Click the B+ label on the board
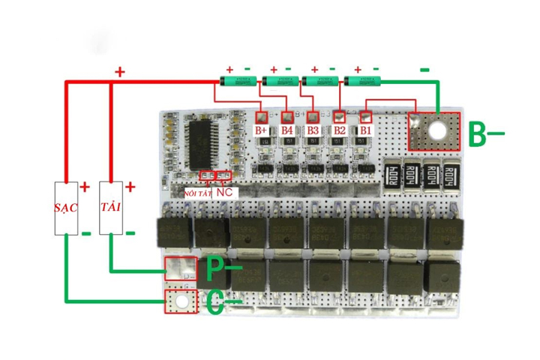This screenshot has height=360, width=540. (x=262, y=130)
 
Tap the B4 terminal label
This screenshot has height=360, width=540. (x=287, y=130)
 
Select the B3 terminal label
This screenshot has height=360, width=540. (x=313, y=130)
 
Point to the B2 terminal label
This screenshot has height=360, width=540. (x=340, y=130)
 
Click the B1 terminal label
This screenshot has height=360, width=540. (x=366, y=130)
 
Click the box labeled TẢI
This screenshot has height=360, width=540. (x=111, y=207)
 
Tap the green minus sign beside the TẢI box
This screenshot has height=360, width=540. (x=130, y=233)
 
